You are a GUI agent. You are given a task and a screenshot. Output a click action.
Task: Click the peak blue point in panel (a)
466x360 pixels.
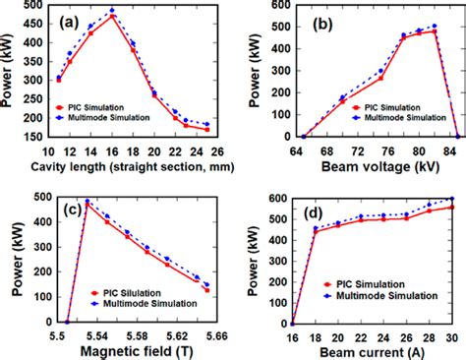click(x=112, y=11)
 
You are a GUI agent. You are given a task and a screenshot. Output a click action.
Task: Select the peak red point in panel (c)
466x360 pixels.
click(x=87, y=205)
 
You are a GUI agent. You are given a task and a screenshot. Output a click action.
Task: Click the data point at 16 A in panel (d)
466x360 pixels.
click(x=292, y=323)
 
